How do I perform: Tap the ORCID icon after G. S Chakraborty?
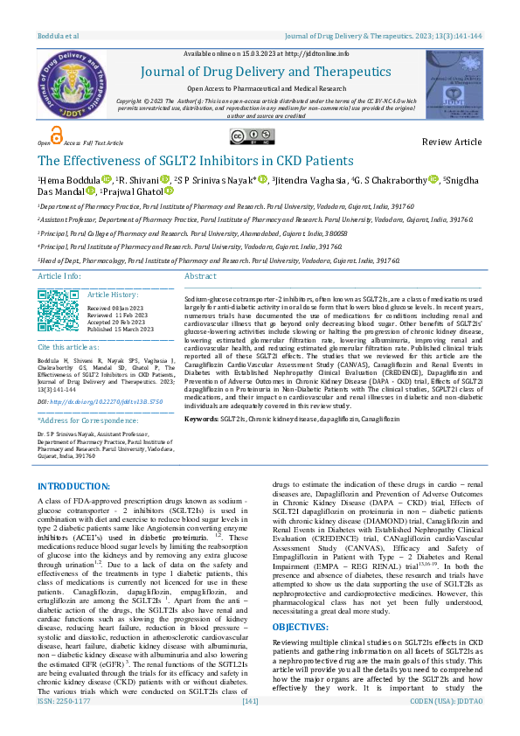(x=433, y=180)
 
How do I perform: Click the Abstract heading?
(x=200, y=276)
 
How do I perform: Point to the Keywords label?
(x=201, y=420)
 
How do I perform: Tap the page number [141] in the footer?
(x=250, y=726)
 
